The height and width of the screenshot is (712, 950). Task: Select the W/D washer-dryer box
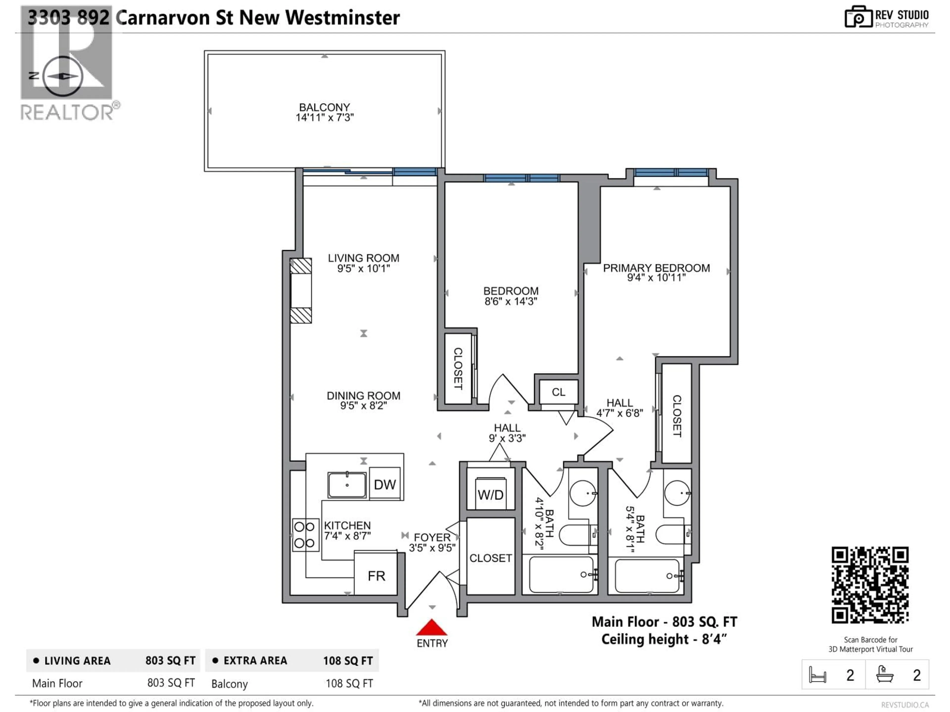pos(490,494)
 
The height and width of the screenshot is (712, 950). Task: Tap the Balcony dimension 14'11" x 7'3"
pos(324,118)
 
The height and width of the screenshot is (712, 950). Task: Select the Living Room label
pos(363,258)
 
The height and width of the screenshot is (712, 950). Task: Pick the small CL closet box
pos(558,392)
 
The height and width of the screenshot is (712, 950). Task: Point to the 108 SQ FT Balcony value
pos(349,683)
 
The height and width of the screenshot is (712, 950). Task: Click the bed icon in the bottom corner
pos(817,675)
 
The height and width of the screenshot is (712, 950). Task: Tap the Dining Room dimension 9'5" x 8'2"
pos(363,406)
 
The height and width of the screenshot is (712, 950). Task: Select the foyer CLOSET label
pos(490,558)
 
